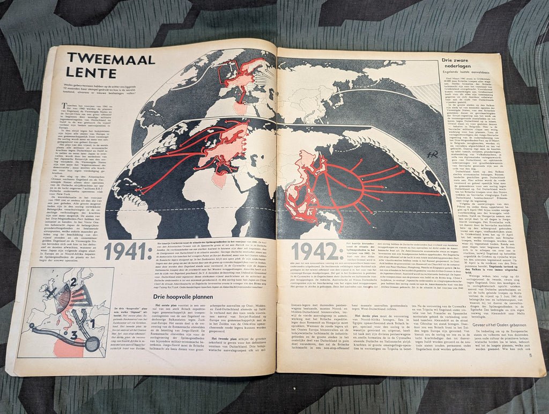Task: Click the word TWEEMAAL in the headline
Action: point(109,59)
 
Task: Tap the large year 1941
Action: point(125,251)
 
